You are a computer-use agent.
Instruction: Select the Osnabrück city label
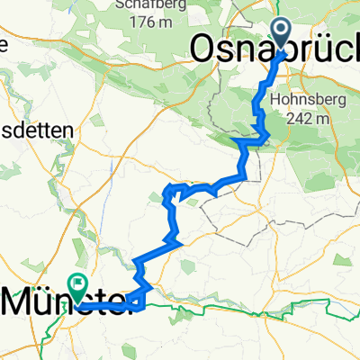(270, 50)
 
